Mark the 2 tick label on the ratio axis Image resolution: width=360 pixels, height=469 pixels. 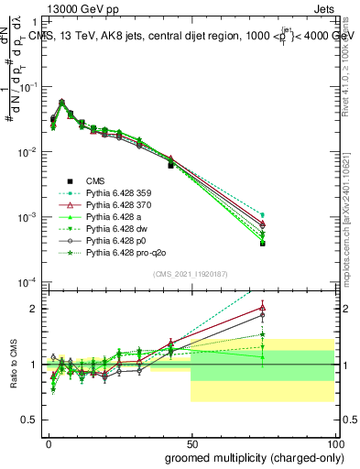tap(34, 309)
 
